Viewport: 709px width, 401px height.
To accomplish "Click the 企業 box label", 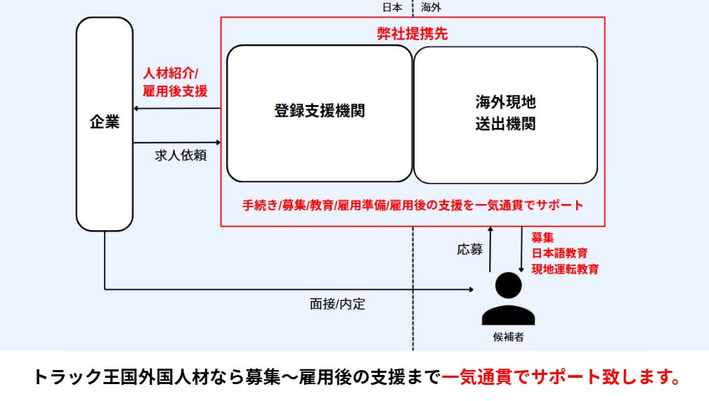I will tap(105, 122).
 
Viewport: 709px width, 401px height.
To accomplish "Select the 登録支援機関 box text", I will tap(319, 110).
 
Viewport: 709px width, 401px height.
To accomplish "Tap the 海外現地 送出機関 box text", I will tap(505, 113).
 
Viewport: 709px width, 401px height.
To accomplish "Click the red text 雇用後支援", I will tap(175, 91).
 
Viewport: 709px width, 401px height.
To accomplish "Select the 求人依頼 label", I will tap(181, 155).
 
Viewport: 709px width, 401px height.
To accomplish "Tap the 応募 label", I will tap(469, 248).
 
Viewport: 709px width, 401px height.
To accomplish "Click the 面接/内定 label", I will tap(338, 305).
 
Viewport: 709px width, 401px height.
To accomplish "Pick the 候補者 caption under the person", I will tap(508, 337).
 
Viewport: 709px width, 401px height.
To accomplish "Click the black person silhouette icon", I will tap(508, 298).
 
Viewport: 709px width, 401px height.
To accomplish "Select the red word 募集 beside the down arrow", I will tap(542, 238).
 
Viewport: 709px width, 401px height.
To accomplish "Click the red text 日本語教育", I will tap(559, 253).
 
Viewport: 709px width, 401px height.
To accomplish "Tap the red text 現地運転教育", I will tap(565, 269).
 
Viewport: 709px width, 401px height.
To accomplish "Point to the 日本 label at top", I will tap(392, 8).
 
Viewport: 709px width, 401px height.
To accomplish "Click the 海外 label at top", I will tap(431, 8).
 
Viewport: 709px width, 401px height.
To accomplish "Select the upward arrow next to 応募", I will tap(490, 250).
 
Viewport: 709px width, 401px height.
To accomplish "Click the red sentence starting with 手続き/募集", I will tap(412, 205).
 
